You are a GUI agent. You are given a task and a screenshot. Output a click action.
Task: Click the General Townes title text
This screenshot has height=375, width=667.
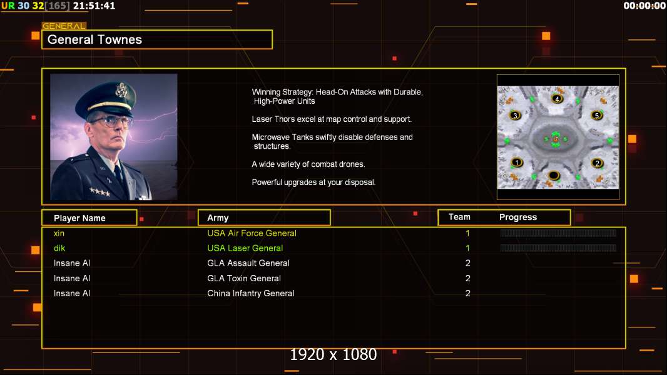95,39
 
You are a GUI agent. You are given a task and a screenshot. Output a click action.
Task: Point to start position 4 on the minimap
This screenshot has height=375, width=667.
558,99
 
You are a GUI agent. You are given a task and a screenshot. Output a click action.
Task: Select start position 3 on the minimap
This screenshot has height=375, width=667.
515,115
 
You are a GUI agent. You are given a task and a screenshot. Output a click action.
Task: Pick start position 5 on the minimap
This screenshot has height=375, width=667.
597,115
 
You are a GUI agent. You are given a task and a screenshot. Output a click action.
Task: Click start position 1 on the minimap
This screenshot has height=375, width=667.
516,162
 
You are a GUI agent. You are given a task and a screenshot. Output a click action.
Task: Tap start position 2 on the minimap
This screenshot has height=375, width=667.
597,163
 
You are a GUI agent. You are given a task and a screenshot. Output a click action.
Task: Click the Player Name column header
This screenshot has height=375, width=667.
79,218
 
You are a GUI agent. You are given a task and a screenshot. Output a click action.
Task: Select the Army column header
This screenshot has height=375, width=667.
218,218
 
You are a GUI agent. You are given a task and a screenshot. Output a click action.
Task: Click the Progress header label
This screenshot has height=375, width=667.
518,217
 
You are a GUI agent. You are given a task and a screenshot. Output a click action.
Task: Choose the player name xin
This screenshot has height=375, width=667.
59,233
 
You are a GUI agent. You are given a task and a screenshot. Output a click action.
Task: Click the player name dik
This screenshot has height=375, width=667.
59,248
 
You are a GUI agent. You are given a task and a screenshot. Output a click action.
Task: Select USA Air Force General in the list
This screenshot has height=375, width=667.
252,233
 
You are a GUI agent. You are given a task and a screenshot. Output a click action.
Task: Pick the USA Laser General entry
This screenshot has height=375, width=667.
245,248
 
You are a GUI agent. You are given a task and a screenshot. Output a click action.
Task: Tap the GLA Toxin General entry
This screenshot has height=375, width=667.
244,278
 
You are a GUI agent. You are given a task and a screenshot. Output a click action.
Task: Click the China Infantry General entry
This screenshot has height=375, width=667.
250,293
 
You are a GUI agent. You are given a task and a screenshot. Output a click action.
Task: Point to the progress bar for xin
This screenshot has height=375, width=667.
558,233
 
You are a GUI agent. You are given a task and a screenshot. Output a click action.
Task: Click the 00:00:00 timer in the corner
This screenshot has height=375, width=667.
644,6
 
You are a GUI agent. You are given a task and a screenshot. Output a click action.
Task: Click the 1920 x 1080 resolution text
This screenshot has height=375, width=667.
333,355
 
